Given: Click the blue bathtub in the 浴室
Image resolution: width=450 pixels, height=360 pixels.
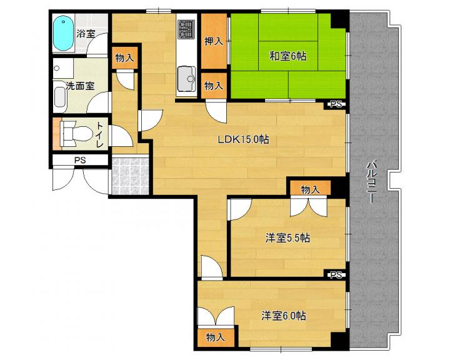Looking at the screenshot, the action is (63, 33).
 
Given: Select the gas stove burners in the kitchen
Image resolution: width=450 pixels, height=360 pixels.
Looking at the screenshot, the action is (186, 29).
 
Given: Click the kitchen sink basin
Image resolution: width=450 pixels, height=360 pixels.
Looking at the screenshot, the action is (186, 78).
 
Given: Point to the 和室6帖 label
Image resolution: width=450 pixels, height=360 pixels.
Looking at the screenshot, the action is (288, 56).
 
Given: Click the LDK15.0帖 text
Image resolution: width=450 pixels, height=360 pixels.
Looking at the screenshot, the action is (243, 140).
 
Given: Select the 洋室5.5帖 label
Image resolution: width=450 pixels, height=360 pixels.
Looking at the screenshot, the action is (287, 238).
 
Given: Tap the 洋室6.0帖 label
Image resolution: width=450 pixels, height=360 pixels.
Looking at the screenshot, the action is (284, 316).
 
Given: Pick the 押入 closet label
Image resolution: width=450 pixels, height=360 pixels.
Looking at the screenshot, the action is (214, 41).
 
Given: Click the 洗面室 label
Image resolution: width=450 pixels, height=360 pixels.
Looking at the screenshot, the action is (81, 86).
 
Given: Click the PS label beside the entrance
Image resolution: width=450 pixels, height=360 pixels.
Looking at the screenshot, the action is (80, 160).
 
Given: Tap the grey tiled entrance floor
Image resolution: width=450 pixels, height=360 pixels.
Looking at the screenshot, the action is (130, 176).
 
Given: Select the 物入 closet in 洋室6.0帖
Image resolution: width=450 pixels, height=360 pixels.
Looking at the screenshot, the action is (215, 337).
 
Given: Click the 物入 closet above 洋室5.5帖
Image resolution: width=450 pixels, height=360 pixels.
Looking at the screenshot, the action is (310, 189).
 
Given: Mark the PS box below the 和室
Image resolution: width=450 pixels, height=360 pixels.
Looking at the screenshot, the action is (336, 104).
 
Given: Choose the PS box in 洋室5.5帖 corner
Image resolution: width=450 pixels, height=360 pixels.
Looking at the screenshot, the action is (336, 275).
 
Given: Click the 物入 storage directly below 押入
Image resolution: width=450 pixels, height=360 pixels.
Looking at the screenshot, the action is (214, 86).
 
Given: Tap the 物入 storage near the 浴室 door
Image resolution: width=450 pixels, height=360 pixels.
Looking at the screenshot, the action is (124, 57).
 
